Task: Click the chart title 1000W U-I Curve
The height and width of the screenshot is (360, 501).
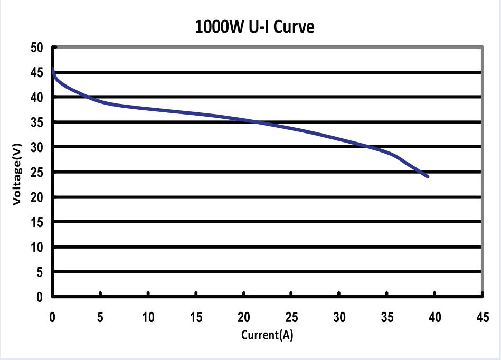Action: click(x=254, y=26)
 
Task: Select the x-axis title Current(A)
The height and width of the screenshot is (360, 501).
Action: click(x=267, y=335)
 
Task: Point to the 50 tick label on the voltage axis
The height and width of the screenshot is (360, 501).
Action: click(x=36, y=48)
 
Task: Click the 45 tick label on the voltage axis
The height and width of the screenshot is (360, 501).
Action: click(x=36, y=73)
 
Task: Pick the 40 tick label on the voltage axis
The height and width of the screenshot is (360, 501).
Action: click(x=36, y=98)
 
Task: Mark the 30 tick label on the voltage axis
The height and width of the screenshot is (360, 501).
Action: click(x=36, y=147)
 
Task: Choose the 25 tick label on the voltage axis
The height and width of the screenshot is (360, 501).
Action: click(x=36, y=172)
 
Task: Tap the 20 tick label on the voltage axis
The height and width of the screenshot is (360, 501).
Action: click(x=36, y=197)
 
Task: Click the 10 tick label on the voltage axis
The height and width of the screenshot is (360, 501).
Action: click(x=36, y=247)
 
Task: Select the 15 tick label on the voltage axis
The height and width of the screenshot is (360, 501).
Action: click(x=36, y=222)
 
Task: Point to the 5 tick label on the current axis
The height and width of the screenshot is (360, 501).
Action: click(x=100, y=317)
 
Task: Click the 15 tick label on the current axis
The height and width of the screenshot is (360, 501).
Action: click(x=196, y=317)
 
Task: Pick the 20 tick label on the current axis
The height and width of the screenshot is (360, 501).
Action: click(x=243, y=317)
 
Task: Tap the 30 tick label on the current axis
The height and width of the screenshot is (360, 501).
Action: click(x=339, y=317)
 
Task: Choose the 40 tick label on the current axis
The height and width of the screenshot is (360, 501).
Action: click(x=434, y=317)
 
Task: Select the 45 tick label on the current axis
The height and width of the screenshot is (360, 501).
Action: click(x=482, y=317)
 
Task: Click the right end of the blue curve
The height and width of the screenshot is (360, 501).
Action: click(x=427, y=176)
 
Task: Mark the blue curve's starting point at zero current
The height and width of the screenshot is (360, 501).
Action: click(x=53, y=69)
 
